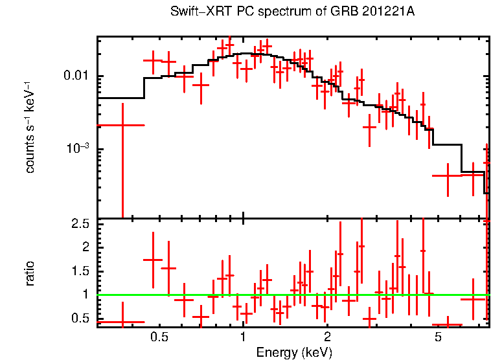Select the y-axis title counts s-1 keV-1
tap(30, 127)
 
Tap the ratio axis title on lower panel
tap(30, 273)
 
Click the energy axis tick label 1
tap(243, 337)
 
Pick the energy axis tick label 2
tap(328, 337)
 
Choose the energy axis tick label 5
tap(439, 337)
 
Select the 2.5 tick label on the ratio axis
tap(80, 223)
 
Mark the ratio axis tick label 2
tap(84, 247)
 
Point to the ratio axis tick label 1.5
tap(80, 271)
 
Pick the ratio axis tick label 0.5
tap(80, 318)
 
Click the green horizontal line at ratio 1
tap(291, 295)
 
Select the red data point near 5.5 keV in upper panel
tap(447, 175)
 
